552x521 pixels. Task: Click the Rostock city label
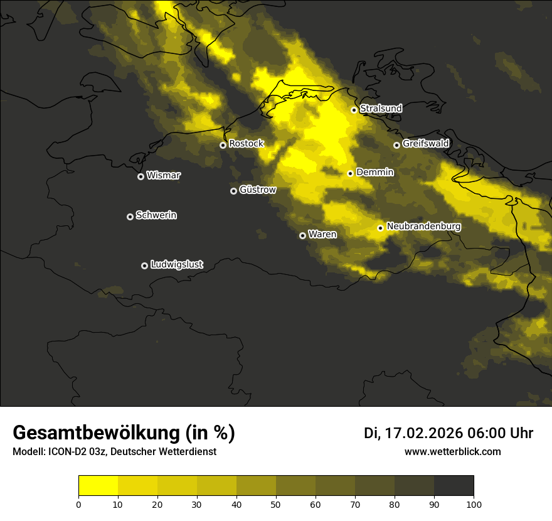point(246,144)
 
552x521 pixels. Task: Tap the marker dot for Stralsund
point(354,110)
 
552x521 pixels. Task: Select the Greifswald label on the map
point(425,144)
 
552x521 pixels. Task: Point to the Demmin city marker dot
point(350,173)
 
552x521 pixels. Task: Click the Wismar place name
point(163,176)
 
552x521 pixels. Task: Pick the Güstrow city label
point(257,190)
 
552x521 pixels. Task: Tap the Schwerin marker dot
point(130,217)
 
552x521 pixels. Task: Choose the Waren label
point(322,235)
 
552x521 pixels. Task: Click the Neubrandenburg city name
point(423,227)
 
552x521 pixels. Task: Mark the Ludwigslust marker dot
point(144,266)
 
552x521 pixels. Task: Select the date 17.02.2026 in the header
point(423,433)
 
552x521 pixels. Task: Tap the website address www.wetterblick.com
point(452,452)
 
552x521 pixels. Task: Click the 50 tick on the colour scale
point(276,504)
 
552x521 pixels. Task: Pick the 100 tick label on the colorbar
point(474,504)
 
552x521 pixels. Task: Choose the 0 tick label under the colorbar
point(78,504)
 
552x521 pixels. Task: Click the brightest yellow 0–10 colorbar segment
point(98,486)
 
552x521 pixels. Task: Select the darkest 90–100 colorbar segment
point(454,486)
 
